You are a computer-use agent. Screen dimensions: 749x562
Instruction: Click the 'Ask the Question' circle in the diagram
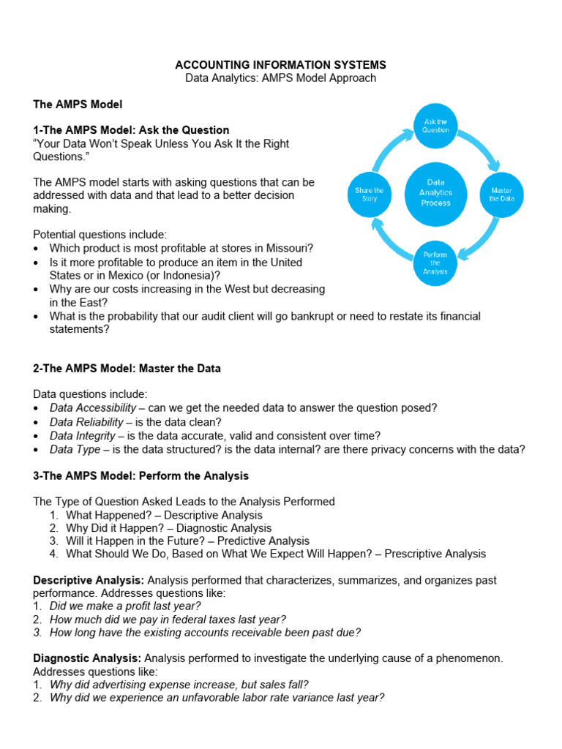pos(435,126)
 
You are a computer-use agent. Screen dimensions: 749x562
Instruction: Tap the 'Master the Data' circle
pos(501,194)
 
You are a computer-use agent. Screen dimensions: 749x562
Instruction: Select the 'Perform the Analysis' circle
pos(435,263)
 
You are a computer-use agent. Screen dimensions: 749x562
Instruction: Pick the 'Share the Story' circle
pos(369,194)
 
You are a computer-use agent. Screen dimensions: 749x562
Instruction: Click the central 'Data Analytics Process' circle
pos(435,193)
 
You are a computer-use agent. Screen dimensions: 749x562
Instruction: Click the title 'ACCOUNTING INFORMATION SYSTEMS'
pos(280,65)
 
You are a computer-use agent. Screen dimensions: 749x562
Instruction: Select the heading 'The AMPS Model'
pos(78,105)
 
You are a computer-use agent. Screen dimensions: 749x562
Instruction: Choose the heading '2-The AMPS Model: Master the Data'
pos(127,369)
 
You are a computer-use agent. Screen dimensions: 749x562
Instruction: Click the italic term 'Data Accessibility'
pos(93,407)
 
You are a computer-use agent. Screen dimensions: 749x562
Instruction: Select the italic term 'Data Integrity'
pos(83,436)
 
